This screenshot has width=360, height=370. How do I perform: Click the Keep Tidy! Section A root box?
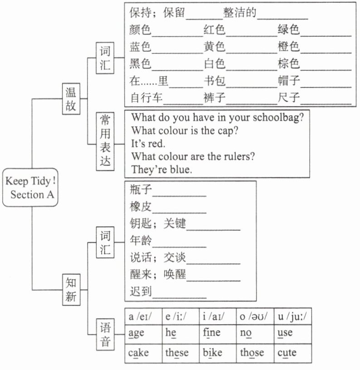(x=30, y=187)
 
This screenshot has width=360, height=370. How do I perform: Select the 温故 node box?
(x=71, y=99)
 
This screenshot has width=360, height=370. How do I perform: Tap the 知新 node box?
(x=71, y=290)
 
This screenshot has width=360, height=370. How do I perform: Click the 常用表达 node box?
(x=105, y=141)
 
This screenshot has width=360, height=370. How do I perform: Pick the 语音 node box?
(x=105, y=334)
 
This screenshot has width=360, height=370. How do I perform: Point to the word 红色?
(x=214, y=30)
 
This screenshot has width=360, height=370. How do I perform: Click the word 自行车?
(x=146, y=97)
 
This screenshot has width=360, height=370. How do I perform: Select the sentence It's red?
(x=148, y=143)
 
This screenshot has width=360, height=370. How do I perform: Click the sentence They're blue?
(x=161, y=170)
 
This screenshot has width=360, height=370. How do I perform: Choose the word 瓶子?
(x=141, y=190)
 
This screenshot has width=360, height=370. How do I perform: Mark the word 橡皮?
(x=141, y=207)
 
